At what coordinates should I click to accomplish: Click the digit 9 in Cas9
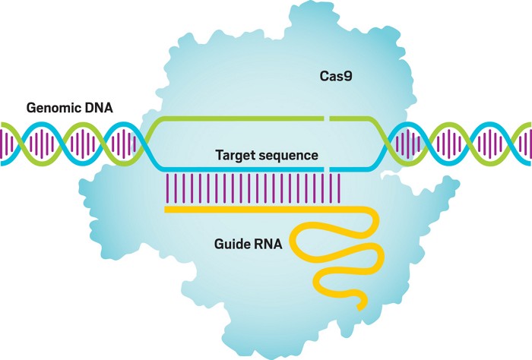(348, 77)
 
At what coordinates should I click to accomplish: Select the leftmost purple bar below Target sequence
(167, 187)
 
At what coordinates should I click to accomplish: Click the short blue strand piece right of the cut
(353, 167)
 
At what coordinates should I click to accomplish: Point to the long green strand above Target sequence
(236, 118)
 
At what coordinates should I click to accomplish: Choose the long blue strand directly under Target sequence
(236, 168)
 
